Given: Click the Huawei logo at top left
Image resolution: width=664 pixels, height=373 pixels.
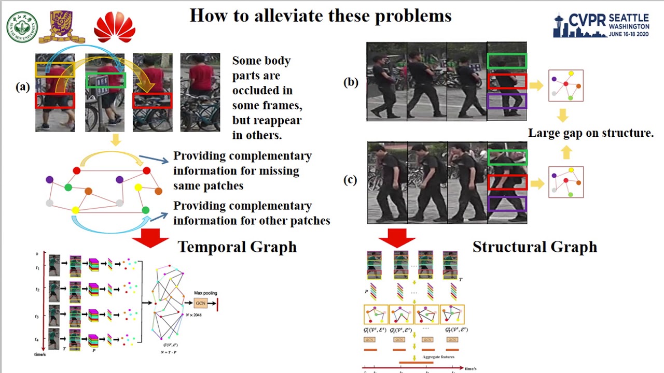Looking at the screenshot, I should (115, 27).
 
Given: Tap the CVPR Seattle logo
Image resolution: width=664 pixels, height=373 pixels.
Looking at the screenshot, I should (601, 25).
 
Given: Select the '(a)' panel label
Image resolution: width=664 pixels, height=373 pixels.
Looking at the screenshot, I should (23, 87).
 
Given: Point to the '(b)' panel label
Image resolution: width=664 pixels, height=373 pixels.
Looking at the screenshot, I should (351, 82).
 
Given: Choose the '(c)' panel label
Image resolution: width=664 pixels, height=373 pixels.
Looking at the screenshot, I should (351, 180).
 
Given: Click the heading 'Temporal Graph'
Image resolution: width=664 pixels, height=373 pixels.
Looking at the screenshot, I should (237, 247).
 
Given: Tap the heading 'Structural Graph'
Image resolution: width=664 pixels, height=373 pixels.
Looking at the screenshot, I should (534, 247).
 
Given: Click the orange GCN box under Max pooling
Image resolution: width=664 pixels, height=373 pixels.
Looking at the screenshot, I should (201, 303).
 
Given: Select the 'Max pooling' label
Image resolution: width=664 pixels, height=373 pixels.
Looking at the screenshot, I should (205, 293).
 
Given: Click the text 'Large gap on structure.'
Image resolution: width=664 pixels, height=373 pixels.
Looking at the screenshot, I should (590, 133).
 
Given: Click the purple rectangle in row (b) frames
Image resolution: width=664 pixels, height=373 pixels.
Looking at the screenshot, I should (507, 101).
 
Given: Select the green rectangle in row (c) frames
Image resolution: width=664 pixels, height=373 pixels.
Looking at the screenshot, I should (507, 157).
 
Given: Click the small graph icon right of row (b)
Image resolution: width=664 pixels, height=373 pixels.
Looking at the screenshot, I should (566, 85).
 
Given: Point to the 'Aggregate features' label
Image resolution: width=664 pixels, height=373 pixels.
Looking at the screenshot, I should (438, 357).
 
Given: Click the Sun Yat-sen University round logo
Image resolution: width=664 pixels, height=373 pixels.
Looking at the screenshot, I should (22, 27).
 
